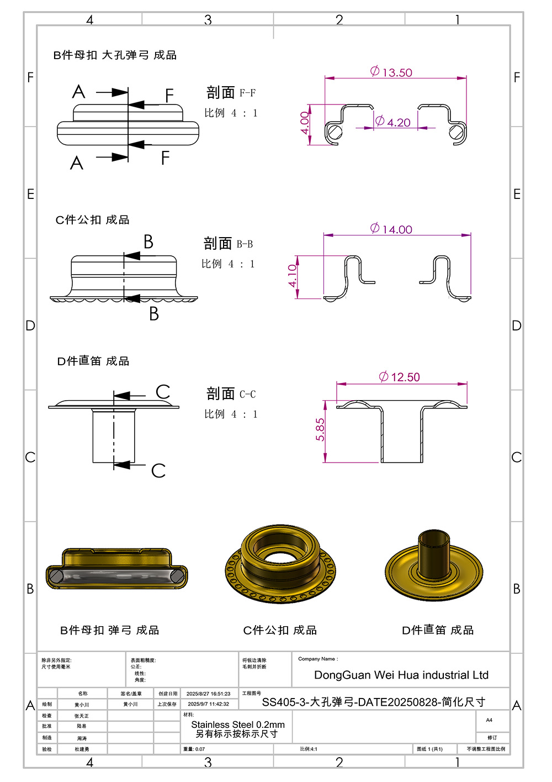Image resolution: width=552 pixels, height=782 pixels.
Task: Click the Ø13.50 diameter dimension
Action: point(391,72)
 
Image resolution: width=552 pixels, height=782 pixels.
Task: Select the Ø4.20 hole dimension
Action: point(393,122)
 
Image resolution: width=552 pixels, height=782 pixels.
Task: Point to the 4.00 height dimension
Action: point(305,122)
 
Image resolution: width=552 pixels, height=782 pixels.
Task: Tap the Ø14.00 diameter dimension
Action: point(391,229)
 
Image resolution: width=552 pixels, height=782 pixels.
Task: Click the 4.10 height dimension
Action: point(293,275)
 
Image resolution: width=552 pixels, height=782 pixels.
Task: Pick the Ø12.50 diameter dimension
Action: point(400,377)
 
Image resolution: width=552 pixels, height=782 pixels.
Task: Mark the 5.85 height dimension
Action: point(320,429)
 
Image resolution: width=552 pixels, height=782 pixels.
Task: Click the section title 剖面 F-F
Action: point(231,93)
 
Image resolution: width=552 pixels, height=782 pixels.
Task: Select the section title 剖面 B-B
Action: point(228,244)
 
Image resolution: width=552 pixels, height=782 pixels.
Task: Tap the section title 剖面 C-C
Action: point(231,394)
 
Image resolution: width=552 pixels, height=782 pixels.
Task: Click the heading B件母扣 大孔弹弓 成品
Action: point(115,55)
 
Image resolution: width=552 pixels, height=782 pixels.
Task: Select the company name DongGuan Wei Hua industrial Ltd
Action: point(401,675)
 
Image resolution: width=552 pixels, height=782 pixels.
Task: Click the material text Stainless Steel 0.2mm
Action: point(238,725)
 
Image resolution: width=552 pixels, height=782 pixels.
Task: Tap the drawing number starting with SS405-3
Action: point(374,702)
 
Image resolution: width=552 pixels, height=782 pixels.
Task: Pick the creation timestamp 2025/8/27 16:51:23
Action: point(208,694)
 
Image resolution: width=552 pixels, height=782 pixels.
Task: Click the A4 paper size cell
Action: point(489,720)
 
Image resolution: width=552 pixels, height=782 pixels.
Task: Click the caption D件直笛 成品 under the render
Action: point(438,631)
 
